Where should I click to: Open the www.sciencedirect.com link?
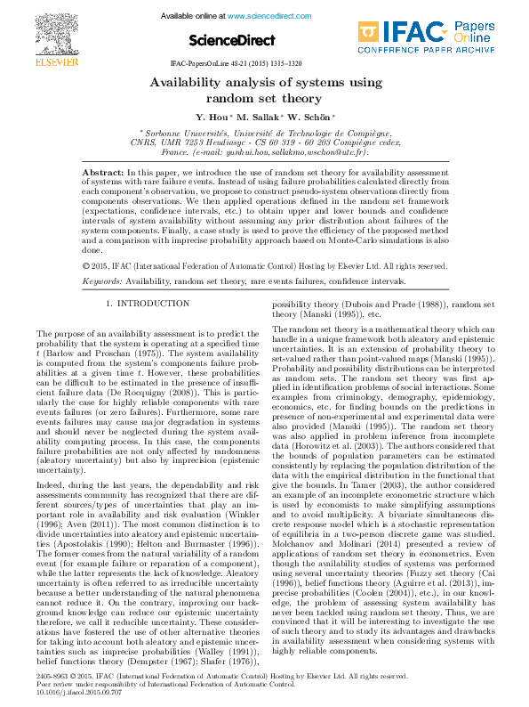point(263,16)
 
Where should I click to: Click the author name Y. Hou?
point(211,117)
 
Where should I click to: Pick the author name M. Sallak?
point(257,117)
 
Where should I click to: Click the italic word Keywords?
point(101,281)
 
